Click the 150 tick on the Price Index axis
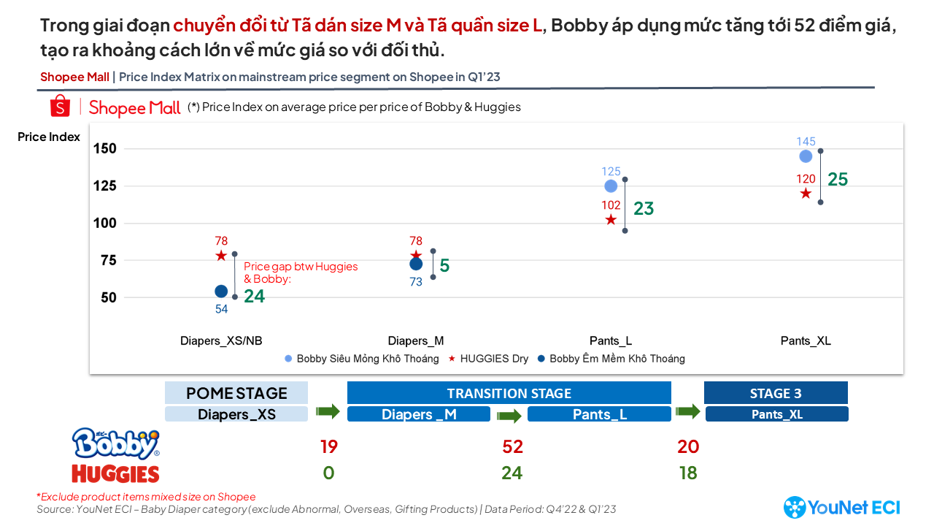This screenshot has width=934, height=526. tap(106, 149)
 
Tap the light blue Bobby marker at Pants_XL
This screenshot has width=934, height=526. tap(806, 156)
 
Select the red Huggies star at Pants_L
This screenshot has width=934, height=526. tap(611, 220)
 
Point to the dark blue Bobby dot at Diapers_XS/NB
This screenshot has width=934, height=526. tap(221, 291)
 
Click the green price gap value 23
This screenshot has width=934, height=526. tap(644, 209)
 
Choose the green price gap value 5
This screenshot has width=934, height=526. tap(444, 266)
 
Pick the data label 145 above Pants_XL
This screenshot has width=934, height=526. tap(806, 142)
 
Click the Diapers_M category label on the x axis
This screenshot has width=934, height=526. tap(416, 341)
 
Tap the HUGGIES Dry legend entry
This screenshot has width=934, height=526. tap(488, 359)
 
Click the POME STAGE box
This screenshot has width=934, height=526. tap(236, 393)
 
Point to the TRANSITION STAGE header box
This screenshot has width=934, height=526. tap(509, 393)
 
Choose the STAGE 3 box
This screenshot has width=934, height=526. tap(776, 393)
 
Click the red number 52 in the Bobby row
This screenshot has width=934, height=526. tap(512, 446)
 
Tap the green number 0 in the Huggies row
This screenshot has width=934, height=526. tap(328, 473)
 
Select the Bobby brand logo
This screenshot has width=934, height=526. tap(115, 443)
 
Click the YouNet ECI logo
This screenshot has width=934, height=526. tap(841, 507)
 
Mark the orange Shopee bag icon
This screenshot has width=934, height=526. tap(60, 107)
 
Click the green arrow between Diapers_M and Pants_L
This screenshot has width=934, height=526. tap(509, 415)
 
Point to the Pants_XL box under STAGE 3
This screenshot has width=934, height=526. tap(776, 414)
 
